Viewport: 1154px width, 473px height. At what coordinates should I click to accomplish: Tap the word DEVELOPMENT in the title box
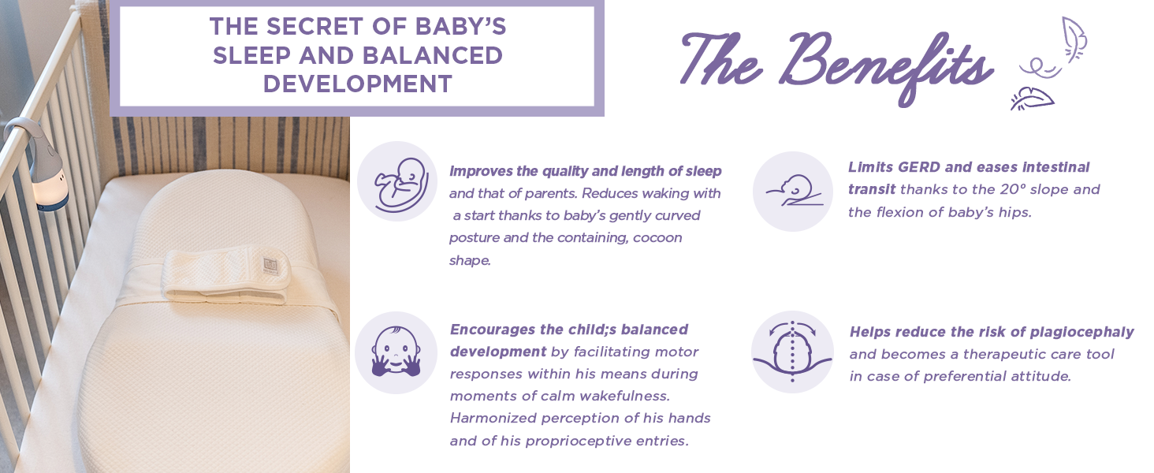358,84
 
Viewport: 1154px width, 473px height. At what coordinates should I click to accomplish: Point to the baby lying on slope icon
794,191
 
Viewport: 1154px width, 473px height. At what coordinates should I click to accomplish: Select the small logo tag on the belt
270,265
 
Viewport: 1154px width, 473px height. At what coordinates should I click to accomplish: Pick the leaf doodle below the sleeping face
1032,99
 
